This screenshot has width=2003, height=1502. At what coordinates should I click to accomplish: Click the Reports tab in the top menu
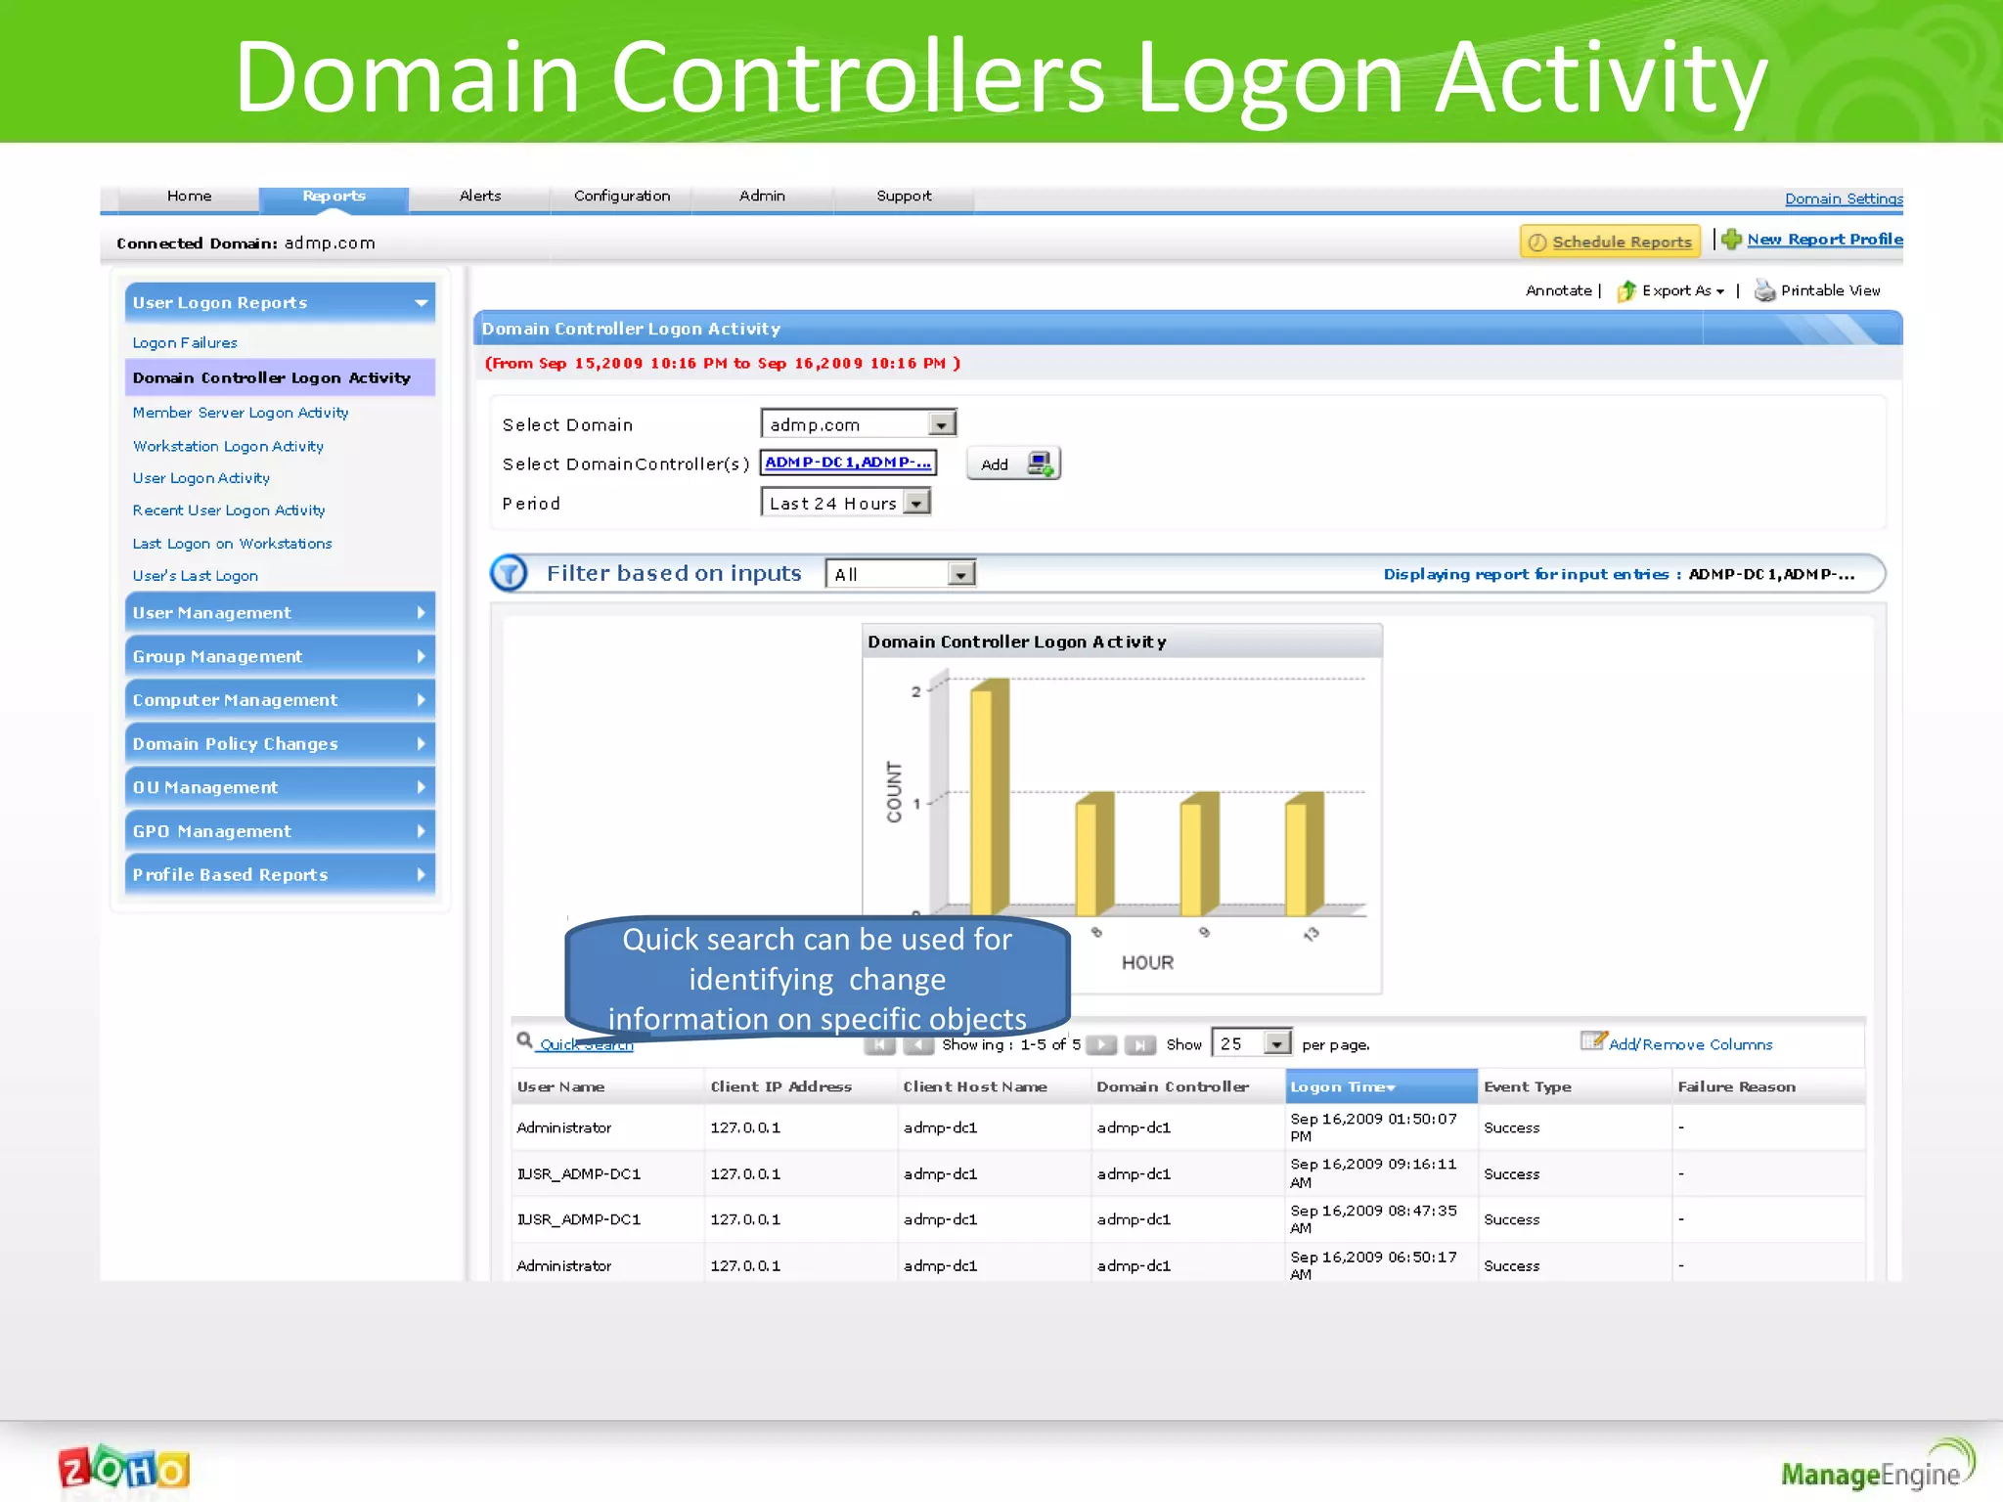(x=334, y=197)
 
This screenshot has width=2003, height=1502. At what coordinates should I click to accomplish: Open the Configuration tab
(x=622, y=197)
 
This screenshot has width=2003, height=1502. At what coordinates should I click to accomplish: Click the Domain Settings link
(x=1843, y=199)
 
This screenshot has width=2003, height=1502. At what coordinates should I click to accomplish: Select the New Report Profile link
(x=1824, y=240)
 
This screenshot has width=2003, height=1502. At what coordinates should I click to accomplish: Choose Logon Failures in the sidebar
(x=185, y=343)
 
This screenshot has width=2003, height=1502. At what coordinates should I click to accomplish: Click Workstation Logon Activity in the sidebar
(x=228, y=446)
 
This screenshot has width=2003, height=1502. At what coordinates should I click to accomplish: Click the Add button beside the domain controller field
(x=1013, y=464)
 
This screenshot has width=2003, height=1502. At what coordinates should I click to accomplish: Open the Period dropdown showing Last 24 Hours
(x=846, y=503)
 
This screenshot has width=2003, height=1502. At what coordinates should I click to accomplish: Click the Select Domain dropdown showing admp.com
(x=858, y=424)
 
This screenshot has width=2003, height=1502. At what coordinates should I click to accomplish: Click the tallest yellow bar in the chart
(x=989, y=797)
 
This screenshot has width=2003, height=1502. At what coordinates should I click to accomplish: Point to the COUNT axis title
(x=894, y=791)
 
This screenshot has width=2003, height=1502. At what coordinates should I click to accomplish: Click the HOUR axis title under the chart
(x=1147, y=963)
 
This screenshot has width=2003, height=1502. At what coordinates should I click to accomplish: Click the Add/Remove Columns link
(x=1689, y=1044)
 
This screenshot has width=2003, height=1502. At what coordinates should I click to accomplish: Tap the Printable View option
(x=1829, y=290)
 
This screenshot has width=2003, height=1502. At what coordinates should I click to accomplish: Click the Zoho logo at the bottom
(x=124, y=1470)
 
